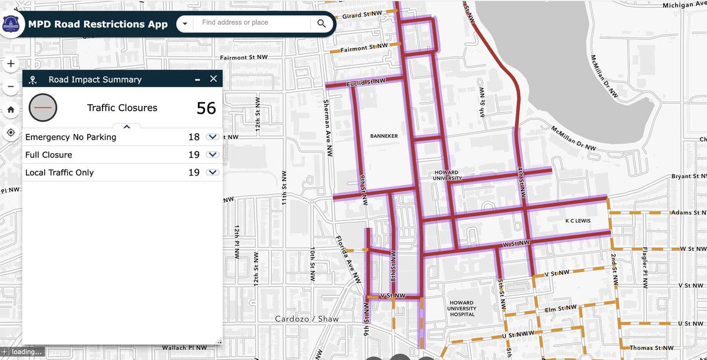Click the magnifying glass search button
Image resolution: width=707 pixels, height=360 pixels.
pyautogui.click(x=321, y=24)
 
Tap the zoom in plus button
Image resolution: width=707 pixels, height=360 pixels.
pyautogui.click(x=11, y=64)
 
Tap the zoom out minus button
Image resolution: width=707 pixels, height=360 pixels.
pyautogui.click(x=11, y=87)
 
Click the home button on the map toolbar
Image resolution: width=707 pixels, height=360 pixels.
pyautogui.click(x=11, y=110)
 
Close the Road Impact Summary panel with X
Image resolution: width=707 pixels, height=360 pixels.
pyautogui.click(x=213, y=79)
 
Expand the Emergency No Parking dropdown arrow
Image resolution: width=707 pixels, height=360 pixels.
pyautogui.click(x=213, y=137)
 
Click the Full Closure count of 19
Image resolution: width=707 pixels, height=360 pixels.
pyautogui.click(x=194, y=155)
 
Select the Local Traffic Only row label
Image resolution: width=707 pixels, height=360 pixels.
pyautogui.click(x=60, y=173)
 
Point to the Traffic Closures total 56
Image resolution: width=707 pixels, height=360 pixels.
pyautogui.click(x=206, y=108)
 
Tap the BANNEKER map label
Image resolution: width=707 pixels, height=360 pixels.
pyautogui.click(x=384, y=136)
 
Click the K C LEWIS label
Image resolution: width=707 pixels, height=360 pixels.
pyautogui.click(x=578, y=220)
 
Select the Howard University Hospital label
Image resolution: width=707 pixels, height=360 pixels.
pyautogui.click(x=462, y=308)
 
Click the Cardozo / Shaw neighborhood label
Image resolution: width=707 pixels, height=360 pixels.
pyautogui.click(x=307, y=319)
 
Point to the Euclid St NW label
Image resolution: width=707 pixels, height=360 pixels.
pyautogui.click(x=366, y=82)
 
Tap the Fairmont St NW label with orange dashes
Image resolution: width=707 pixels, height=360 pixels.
pyautogui.click(x=364, y=47)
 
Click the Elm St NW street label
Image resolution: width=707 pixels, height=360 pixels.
pyautogui.click(x=559, y=308)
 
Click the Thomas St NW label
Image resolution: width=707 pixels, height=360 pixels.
pyautogui.click(x=651, y=348)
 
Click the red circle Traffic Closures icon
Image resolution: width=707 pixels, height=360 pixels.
pyautogui.click(x=43, y=108)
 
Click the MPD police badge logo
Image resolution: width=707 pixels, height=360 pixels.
pyautogui.click(x=11, y=24)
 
